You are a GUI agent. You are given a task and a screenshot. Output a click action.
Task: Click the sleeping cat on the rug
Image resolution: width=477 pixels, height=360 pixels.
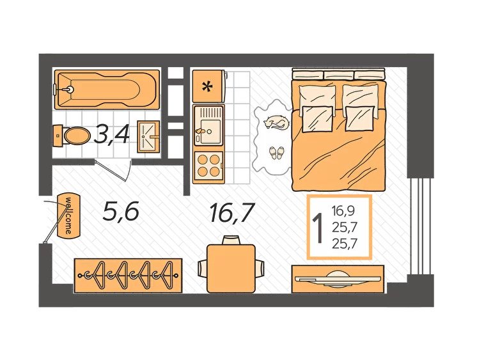point(276,123)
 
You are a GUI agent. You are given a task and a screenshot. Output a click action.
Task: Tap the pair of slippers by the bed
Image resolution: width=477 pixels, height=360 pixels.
point(276,152)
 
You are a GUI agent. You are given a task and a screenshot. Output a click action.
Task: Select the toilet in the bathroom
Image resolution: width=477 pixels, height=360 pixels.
point(72,136)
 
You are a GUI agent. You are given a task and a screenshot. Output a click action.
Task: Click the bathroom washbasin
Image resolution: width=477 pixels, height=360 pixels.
point(148,136)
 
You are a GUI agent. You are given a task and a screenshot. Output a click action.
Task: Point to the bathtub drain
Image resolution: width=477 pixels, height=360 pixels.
point(70,90)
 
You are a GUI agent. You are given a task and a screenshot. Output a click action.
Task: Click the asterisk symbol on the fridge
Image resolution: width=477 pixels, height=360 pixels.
point(208,87)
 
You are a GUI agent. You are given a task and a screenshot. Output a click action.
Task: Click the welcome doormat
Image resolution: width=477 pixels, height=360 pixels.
point(69,215)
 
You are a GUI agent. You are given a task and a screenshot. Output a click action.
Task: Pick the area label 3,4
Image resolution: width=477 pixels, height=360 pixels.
point(111,135)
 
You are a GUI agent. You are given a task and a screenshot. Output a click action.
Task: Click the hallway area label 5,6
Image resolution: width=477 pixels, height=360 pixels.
point(121,211)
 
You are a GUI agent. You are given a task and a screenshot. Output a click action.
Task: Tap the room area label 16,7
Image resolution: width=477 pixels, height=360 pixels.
point(231,213)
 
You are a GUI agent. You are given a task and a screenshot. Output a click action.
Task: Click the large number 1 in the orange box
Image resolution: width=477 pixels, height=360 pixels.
point(318,228)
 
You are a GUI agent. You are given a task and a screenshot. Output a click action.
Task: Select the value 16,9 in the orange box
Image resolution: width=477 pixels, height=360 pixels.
point(343,210)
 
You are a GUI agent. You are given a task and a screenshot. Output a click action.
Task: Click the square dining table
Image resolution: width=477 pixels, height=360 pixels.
point(231,269)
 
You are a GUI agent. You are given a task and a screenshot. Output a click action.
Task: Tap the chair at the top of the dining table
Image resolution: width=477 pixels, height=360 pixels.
point(231,240)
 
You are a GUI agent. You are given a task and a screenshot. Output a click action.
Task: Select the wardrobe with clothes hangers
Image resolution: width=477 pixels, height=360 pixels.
point(128,276)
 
